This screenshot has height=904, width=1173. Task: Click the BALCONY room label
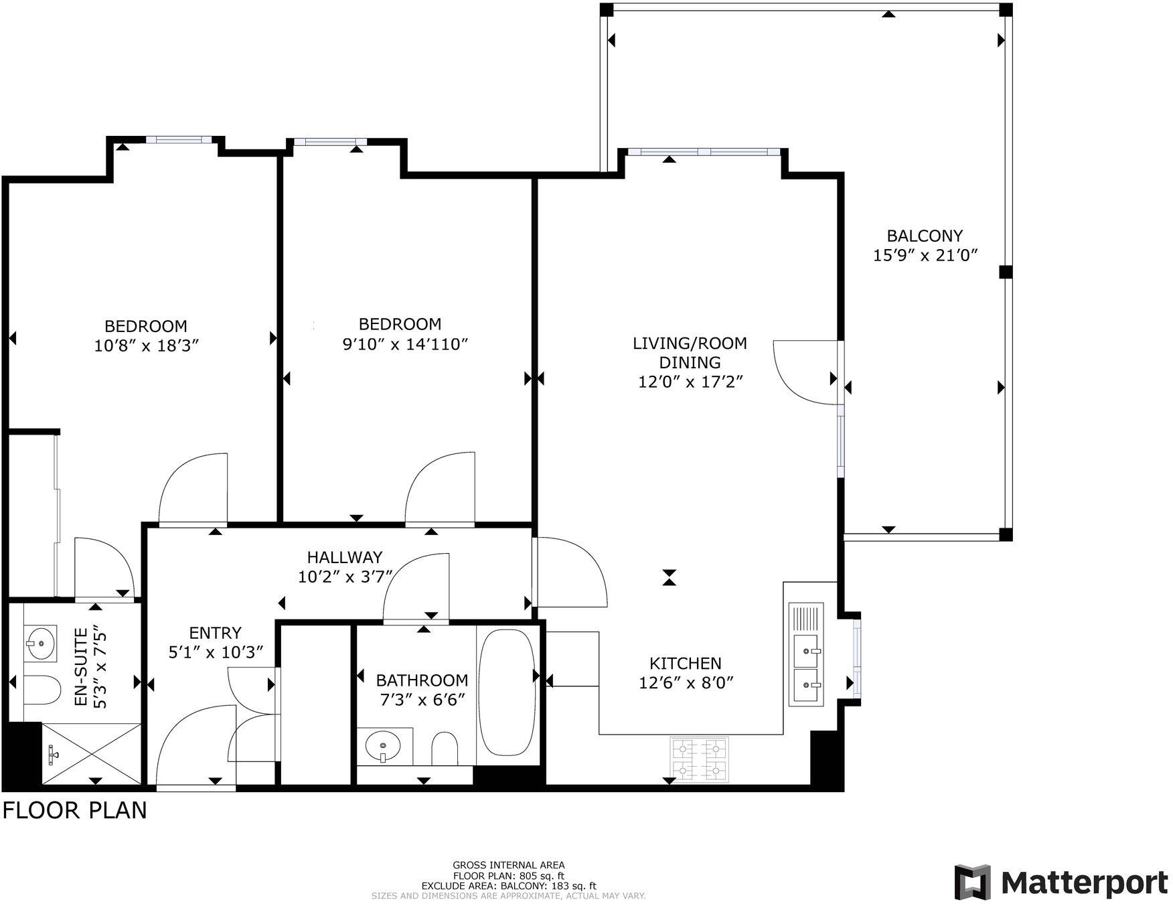pos(924,236)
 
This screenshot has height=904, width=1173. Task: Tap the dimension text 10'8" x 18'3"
pos(147,346)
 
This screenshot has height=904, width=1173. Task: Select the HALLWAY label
pos(344,557)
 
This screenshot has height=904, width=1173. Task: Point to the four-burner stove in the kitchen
pos(699,759)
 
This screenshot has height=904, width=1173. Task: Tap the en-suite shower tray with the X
pos(92,754)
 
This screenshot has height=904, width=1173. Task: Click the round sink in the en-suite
pos(41,643)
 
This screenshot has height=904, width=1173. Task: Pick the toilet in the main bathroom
pos(444,749)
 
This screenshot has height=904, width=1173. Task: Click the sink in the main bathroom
pos(383,745)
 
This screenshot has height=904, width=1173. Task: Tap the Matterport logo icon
pos(972,882)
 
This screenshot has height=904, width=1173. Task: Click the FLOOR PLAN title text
pos(74,810)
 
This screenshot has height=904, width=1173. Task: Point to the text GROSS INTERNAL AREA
pos(508,865)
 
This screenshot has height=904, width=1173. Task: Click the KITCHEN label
pos(685,664)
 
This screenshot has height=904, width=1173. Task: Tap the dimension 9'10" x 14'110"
pos(404,344)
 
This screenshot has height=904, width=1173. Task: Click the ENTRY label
pos(215,633)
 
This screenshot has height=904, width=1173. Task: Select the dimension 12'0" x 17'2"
pos(690,382)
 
